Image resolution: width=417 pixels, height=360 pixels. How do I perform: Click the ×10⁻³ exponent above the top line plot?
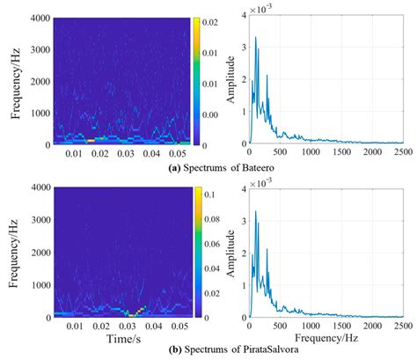(260, 8)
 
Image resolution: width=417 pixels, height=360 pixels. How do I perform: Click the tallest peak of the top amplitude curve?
(256, 38)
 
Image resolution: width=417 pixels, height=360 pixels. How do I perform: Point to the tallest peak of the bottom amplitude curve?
(256, 211)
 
